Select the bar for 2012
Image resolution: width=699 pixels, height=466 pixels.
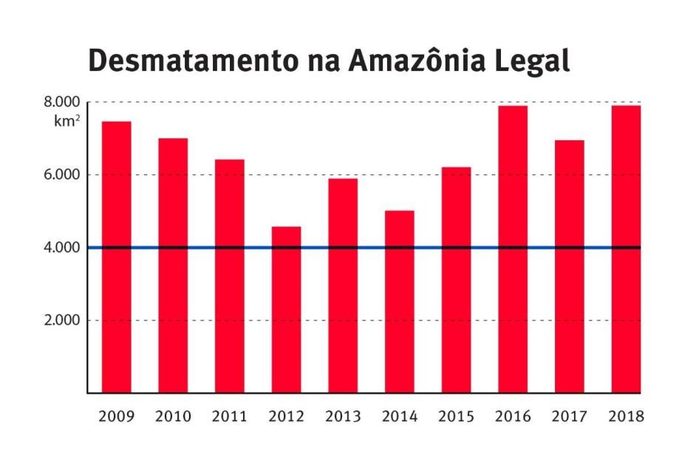tap(286, 309)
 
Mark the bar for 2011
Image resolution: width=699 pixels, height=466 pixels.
tap(230, 276)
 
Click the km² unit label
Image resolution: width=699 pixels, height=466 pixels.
tap(67, 121)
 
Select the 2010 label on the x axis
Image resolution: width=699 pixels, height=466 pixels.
tap(173, 417)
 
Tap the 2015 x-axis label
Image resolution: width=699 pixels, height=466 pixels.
tap(456, 417)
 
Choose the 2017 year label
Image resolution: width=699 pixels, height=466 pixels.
tap(569, 417)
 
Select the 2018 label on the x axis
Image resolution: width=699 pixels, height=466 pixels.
tap(626, 417)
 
